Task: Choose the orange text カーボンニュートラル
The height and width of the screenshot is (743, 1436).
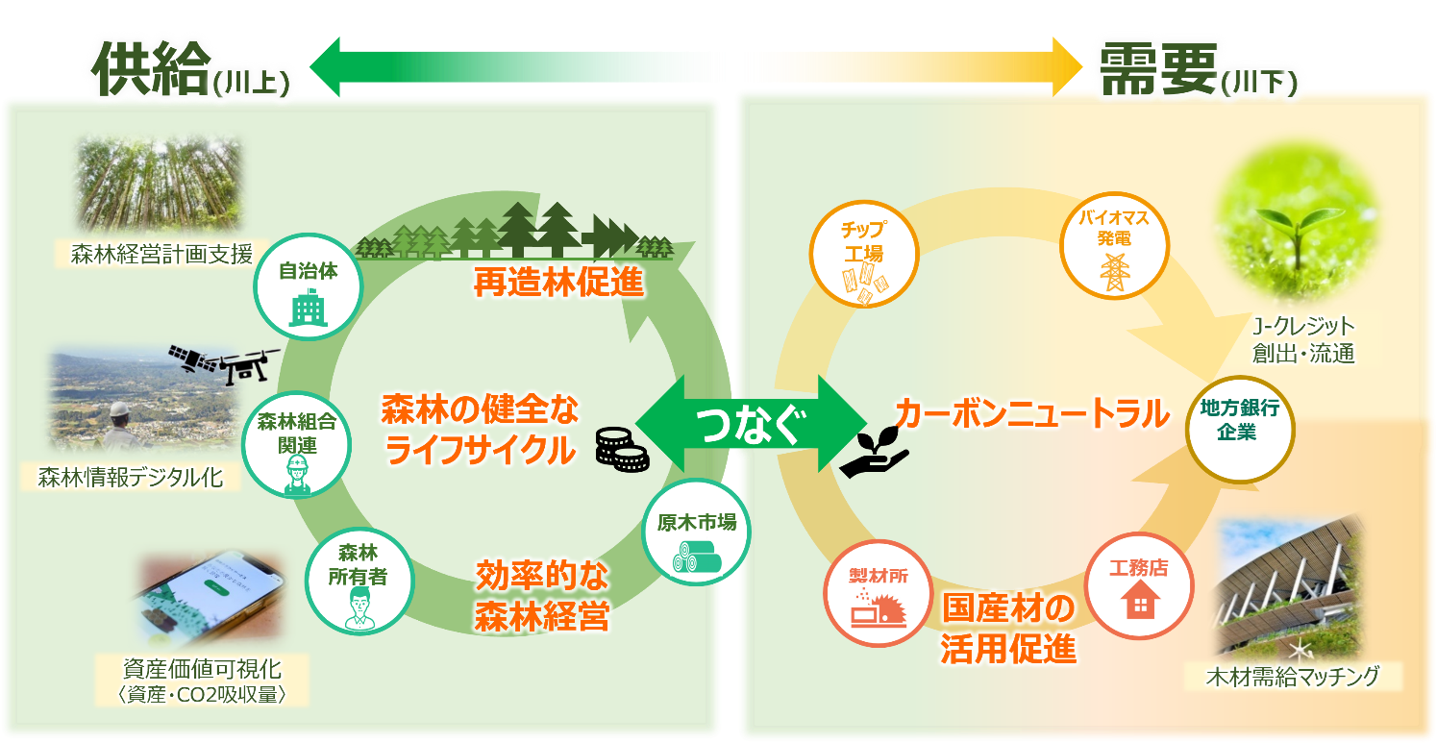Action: [1031, 414]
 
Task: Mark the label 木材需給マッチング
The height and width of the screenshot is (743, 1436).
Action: [1292, 677]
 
